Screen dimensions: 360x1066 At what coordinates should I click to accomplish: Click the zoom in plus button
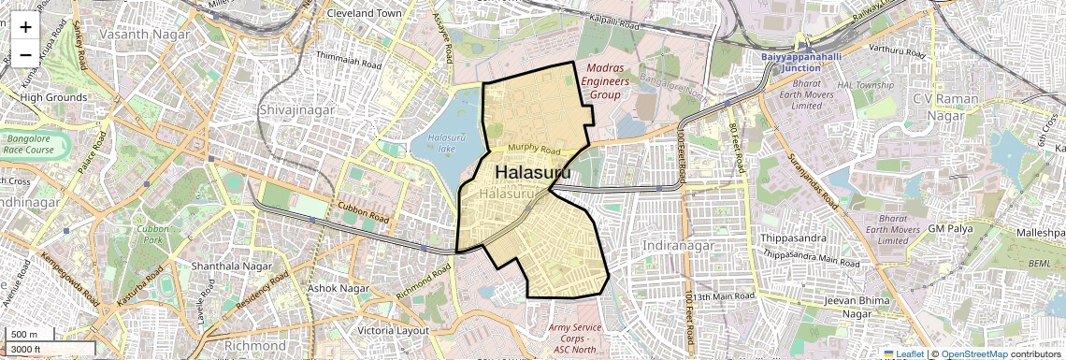coord(25,27)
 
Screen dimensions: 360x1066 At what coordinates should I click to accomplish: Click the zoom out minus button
coord(25,55)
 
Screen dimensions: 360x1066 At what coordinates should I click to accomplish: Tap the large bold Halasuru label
coord(533,173)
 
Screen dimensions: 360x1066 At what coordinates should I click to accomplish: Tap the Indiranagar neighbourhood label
coord(679,245)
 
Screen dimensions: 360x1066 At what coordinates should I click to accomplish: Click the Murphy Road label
coord(534,151)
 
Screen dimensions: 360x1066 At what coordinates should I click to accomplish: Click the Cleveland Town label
coord(364,14)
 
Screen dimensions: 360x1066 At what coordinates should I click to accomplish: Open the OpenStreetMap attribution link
coord(973,354)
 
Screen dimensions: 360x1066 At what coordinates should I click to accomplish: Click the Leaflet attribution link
coord(903,354)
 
